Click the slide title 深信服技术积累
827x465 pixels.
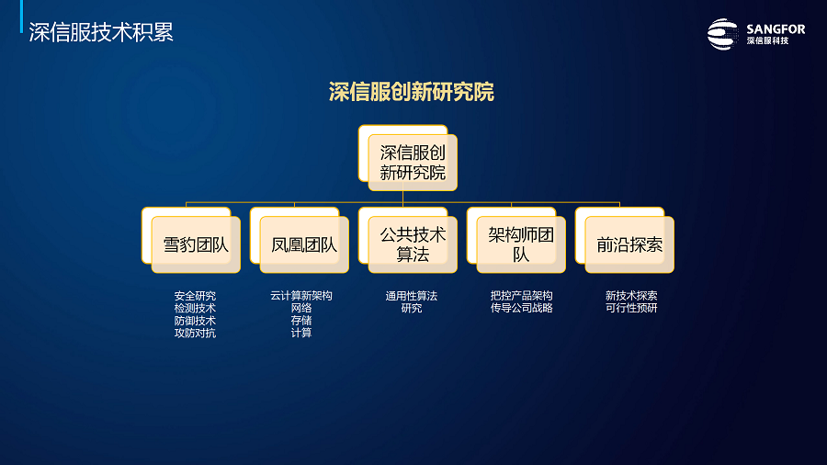click(101, 33)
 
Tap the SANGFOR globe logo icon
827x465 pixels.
click(722, 34)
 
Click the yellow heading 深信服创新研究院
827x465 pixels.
click(412, 92)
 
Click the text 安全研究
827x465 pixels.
click(195, 296)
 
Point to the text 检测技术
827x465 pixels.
click(195, 308)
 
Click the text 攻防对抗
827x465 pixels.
click(195, 333)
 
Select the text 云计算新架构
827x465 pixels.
click(301, 296)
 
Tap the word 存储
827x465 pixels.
click(301, 320)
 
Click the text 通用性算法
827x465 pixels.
click(412, 296)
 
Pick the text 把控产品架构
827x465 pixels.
click(522, 296)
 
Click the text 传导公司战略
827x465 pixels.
click(522, 308)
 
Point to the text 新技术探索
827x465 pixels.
click(631, 296)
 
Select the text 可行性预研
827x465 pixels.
click(631, 308)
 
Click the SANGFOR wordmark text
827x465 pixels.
click(776, 29)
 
